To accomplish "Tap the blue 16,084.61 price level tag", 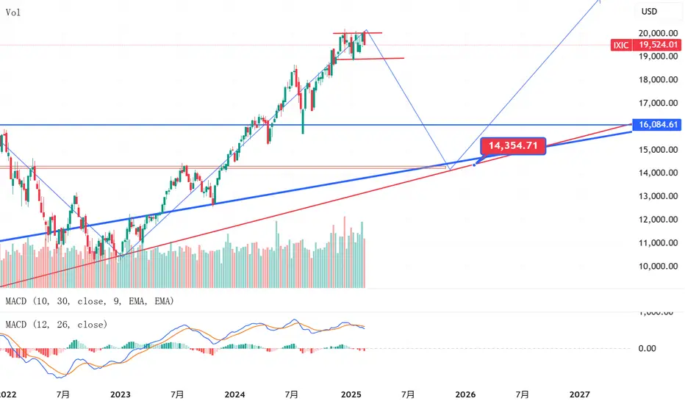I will click(x=657, y=126).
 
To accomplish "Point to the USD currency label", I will click(x=650, y=12).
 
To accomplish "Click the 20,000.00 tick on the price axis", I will click(x=658, y=33).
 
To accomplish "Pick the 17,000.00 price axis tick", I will click(x=658, y=103).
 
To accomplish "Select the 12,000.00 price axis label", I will click(x=658, y=220).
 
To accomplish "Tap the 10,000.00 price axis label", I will click(x=658, y=266).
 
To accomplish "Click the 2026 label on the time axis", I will click(x=465, y=394).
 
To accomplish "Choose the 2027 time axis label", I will click(x=578, y=394).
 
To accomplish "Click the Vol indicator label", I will click(x=12, y=12).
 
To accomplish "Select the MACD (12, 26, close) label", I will click(x=57, y=324).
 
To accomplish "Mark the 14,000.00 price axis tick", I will click(x=658, y=173).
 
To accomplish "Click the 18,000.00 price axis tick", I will click(x=658, y=79).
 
